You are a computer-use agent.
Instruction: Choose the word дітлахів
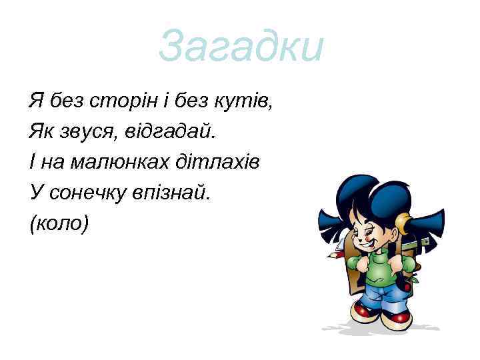coord(221,162)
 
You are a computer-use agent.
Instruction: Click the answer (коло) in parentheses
coord(59,223)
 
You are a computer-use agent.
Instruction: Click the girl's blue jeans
coord(383,296)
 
